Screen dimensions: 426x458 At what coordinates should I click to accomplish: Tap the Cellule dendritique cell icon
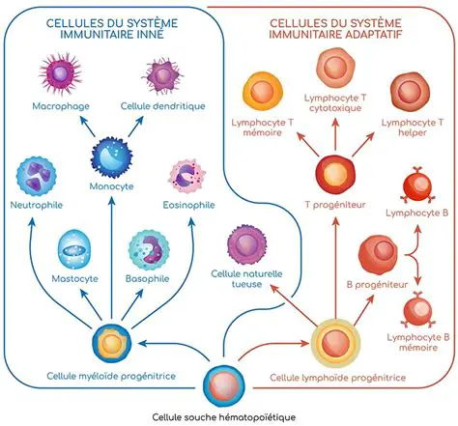(160, 73)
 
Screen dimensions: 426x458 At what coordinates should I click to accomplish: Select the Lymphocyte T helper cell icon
(409, 93)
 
